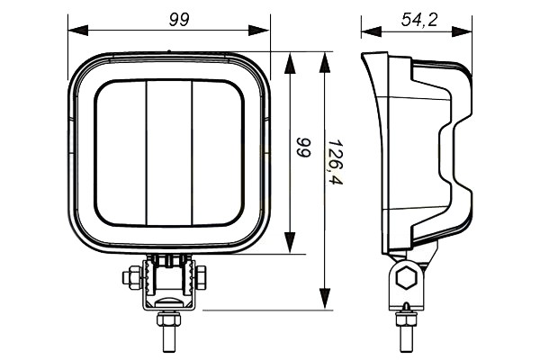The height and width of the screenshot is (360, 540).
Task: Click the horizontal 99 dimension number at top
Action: (x=179, y=20)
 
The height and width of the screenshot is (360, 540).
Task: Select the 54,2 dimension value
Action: (x=418, y=20)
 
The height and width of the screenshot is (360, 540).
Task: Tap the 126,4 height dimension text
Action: (x=335, y=162)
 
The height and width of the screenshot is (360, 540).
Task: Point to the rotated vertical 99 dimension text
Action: (x=304, y=148)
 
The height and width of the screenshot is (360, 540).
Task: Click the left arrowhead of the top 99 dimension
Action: (x=78, y=30)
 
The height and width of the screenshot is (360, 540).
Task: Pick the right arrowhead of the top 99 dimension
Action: (x=258, y=30)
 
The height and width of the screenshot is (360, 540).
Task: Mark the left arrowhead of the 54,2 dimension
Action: (x=372, y=31)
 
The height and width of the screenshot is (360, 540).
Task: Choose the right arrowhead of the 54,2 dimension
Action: (x=462, y=31)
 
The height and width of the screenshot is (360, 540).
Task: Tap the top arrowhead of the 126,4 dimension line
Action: (x=325, y=62)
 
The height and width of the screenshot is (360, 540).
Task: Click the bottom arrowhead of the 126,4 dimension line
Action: (x=325, y=299)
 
